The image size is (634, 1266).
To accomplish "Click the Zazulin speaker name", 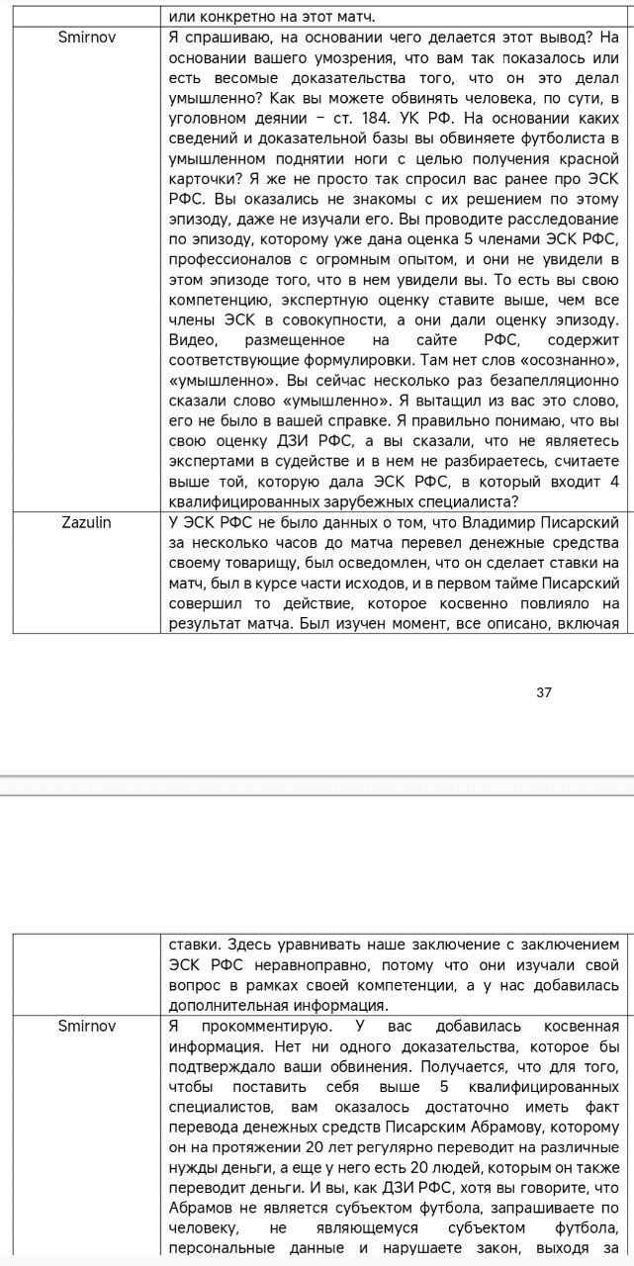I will coord(86,522).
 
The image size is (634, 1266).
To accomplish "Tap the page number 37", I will coord(544,692).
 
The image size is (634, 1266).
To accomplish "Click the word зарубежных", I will coord(406,502).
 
